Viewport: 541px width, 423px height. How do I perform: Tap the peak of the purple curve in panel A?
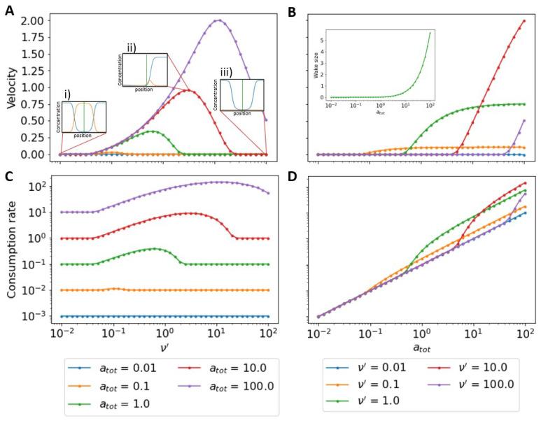tap(219, 20)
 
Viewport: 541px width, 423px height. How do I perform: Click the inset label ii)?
tap(131, 47)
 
